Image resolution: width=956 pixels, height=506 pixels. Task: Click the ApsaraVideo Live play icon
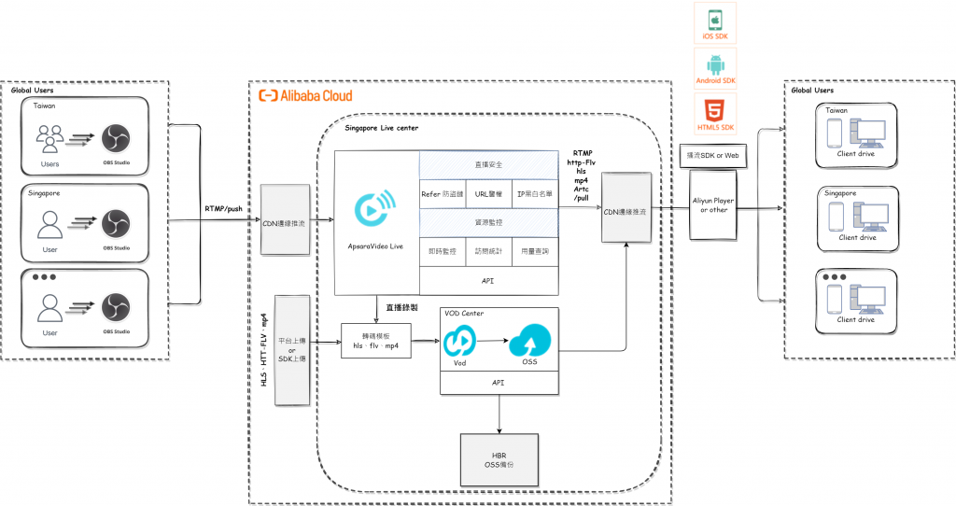[375, 210]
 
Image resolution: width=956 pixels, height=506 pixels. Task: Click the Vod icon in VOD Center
[458, 344]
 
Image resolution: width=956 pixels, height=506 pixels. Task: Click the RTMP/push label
[224, 208]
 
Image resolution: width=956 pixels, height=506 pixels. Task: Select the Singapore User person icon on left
[49, 224]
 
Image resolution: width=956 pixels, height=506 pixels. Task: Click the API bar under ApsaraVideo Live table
[488, 279]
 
